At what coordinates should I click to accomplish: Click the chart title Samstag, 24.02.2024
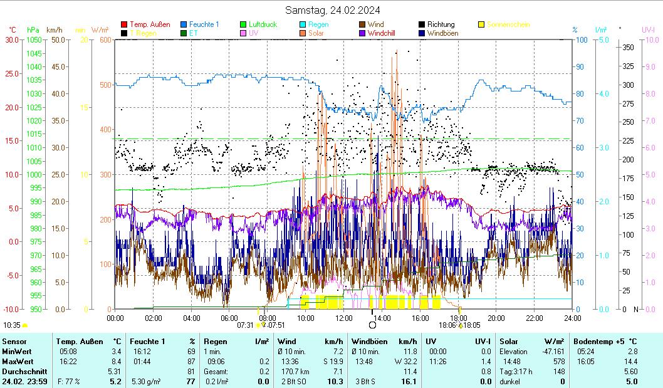coord(332,9)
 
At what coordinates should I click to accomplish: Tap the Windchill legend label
coord(381,33)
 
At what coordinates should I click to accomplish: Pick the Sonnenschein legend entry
coord(509,24)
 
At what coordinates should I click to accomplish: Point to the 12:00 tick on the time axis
coord(344,318)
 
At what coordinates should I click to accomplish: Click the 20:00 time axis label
coord(496,318)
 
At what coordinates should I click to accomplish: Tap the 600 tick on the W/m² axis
coord(105,39)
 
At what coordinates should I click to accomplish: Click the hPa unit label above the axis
coord(33,29)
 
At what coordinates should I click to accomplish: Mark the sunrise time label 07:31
coord(245,325)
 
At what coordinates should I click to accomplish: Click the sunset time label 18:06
coord(447,325)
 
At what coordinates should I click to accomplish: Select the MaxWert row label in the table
coord(18,361)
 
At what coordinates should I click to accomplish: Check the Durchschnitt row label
coord(22,371)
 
